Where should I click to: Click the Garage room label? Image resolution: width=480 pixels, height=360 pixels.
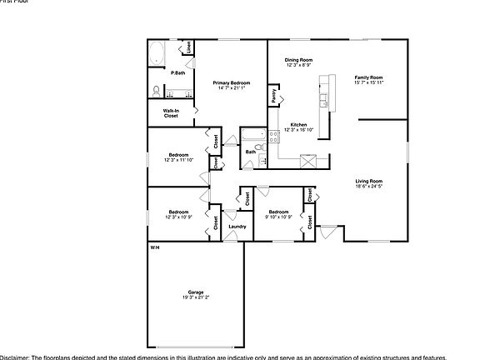pos(196,292)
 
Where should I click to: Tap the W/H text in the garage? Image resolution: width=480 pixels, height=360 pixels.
pos(155,248)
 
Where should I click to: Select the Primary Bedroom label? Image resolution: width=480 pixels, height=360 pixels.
pos(232,82)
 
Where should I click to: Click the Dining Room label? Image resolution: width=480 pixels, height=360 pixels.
pos(298,60)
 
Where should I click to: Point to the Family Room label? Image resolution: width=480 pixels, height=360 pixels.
pos(368,77)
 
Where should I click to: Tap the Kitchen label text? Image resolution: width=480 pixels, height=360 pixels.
pos(298,124)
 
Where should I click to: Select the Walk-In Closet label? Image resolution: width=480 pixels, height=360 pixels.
pos(170,112)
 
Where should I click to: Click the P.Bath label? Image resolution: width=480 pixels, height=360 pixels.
pos(177,72)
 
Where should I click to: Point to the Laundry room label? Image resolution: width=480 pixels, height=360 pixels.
pos(237,227)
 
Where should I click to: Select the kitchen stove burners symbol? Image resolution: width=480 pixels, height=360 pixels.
pos(308,162)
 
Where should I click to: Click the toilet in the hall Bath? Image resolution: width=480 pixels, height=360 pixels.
pos(260,147)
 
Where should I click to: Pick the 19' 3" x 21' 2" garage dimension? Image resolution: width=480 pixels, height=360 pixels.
pos(196,297)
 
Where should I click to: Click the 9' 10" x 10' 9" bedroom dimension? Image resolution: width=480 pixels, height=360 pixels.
pos(278,217)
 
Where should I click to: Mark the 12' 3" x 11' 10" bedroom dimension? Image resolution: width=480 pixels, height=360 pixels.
pos(179,159)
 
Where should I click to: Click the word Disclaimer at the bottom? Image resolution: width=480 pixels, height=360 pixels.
pos(14,356)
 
